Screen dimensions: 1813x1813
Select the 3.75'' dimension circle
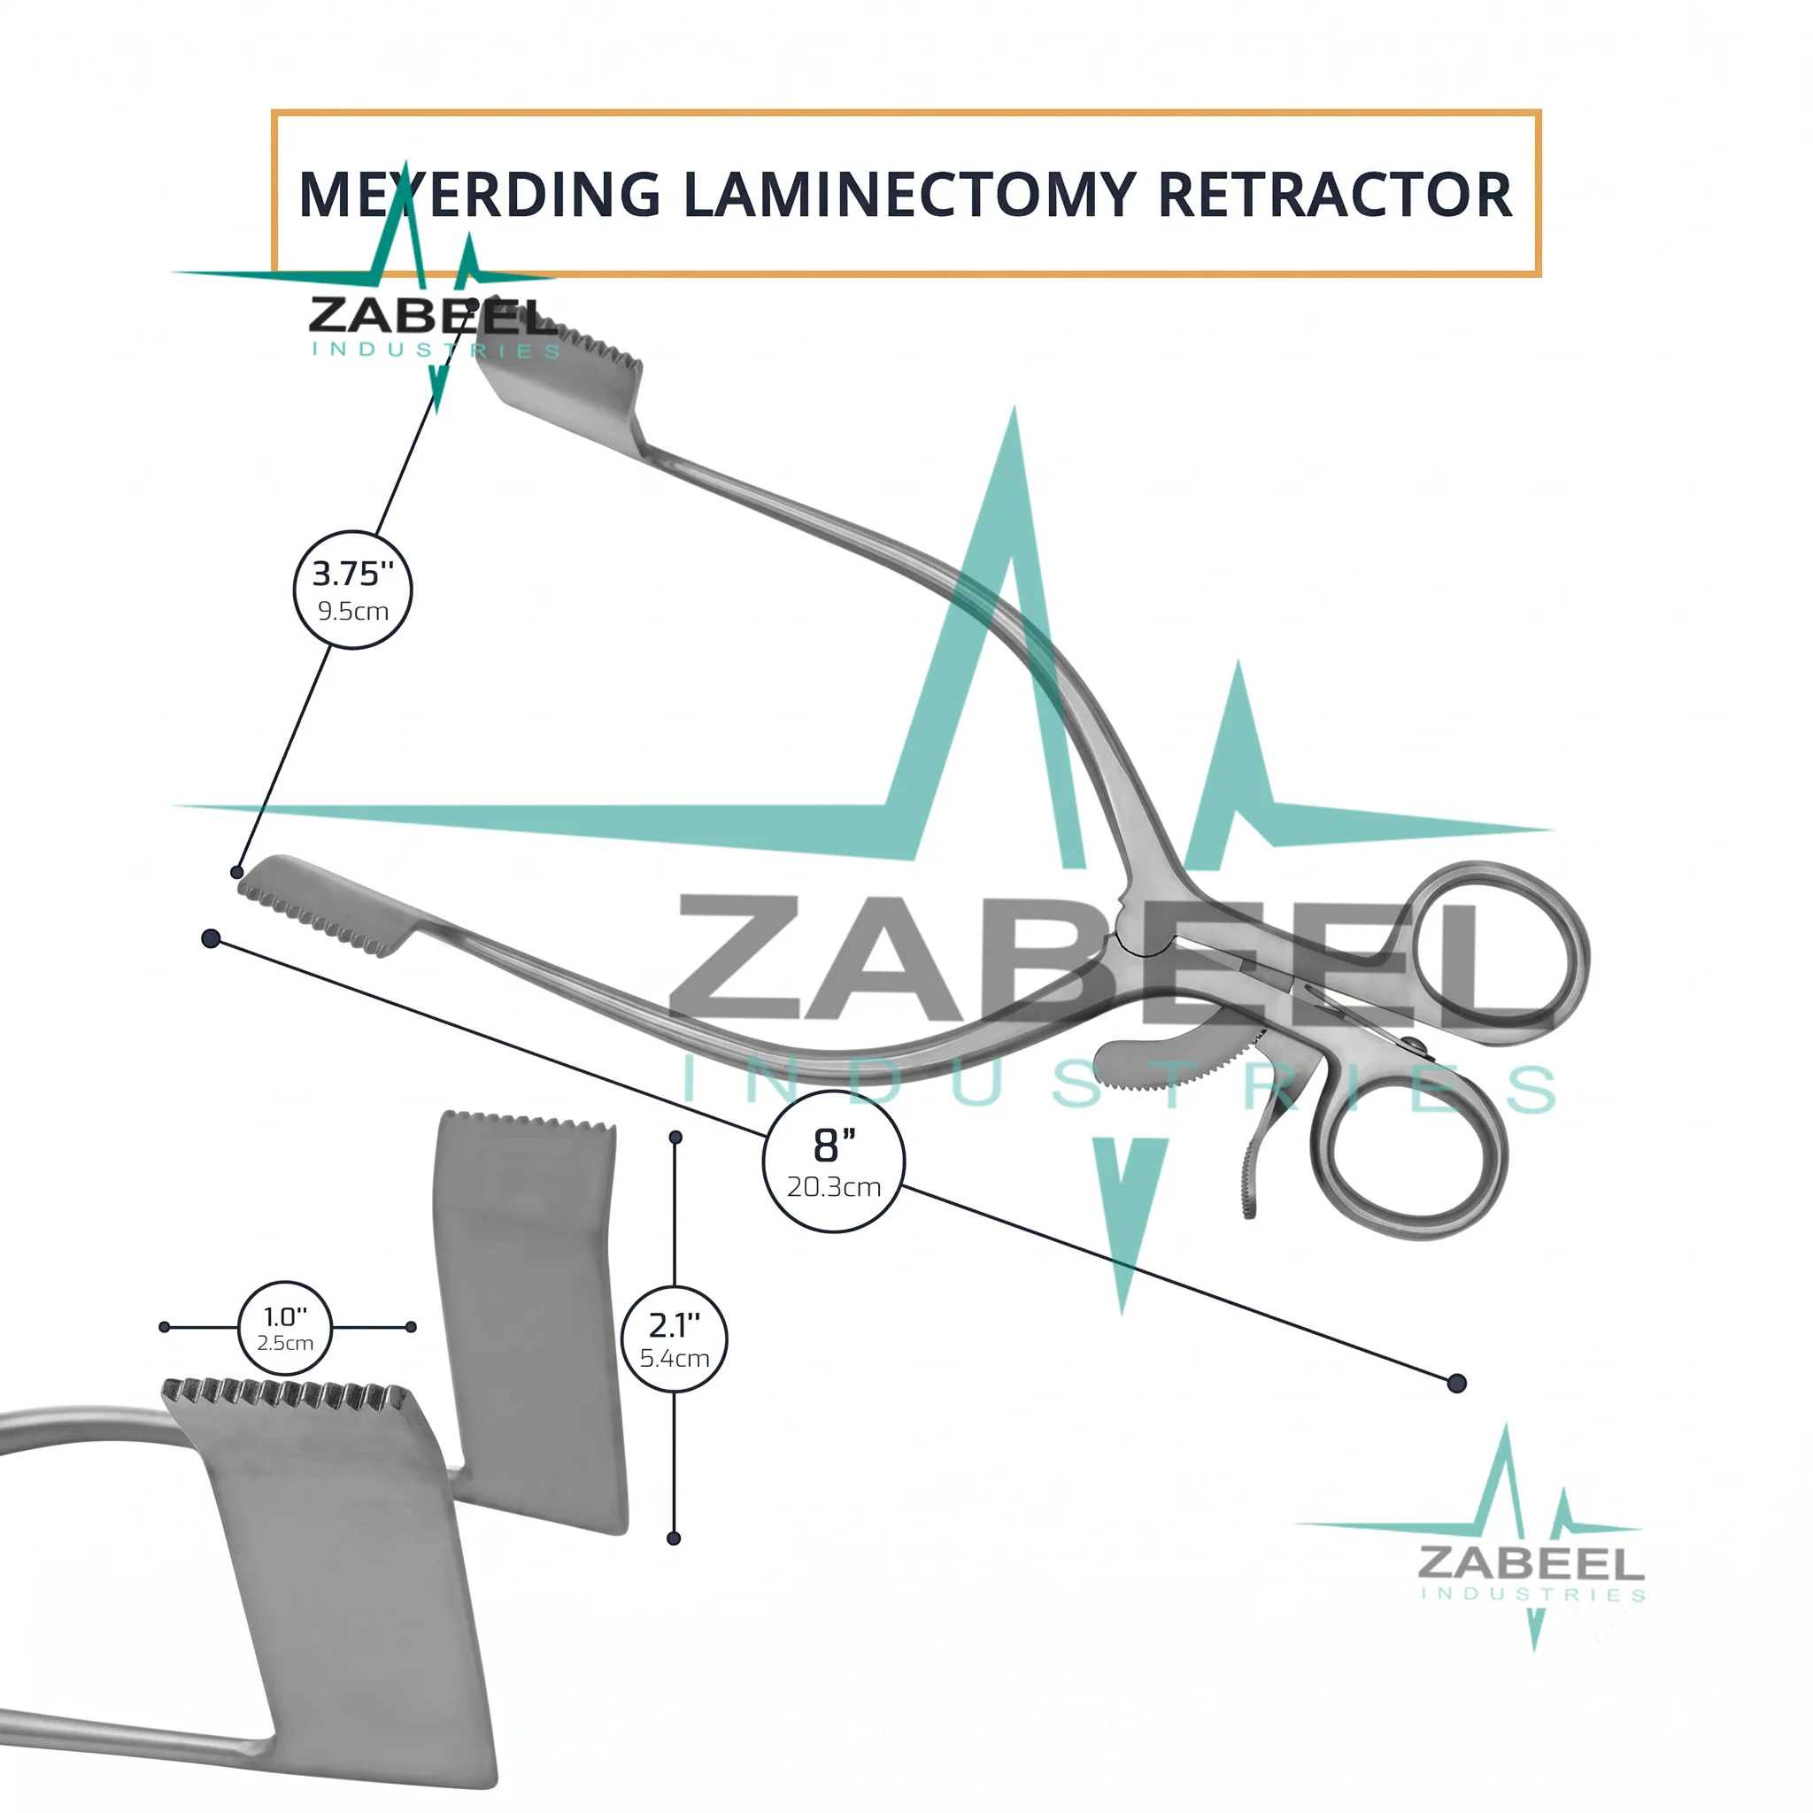[x=353, y=590]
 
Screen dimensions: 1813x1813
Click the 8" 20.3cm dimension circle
[x=833, y=1161]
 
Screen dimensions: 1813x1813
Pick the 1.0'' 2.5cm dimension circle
[x=285, y=1328]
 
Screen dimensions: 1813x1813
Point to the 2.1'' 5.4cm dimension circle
[x=674, y=1339]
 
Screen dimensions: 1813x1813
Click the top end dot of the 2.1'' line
[x=675, y=1138]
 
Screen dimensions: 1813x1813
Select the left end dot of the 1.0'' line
[x=165, y=1327]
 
